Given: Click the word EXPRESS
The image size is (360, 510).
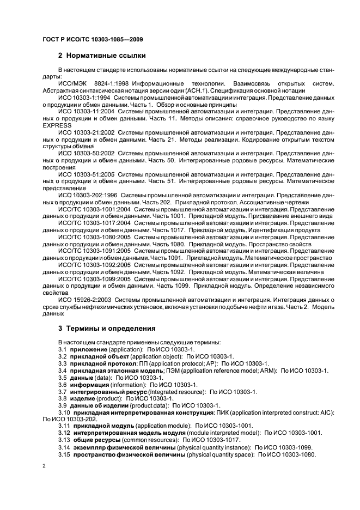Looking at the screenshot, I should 57,125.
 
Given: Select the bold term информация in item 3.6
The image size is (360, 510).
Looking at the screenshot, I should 90,384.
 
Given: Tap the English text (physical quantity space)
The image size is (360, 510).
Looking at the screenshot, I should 220,455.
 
